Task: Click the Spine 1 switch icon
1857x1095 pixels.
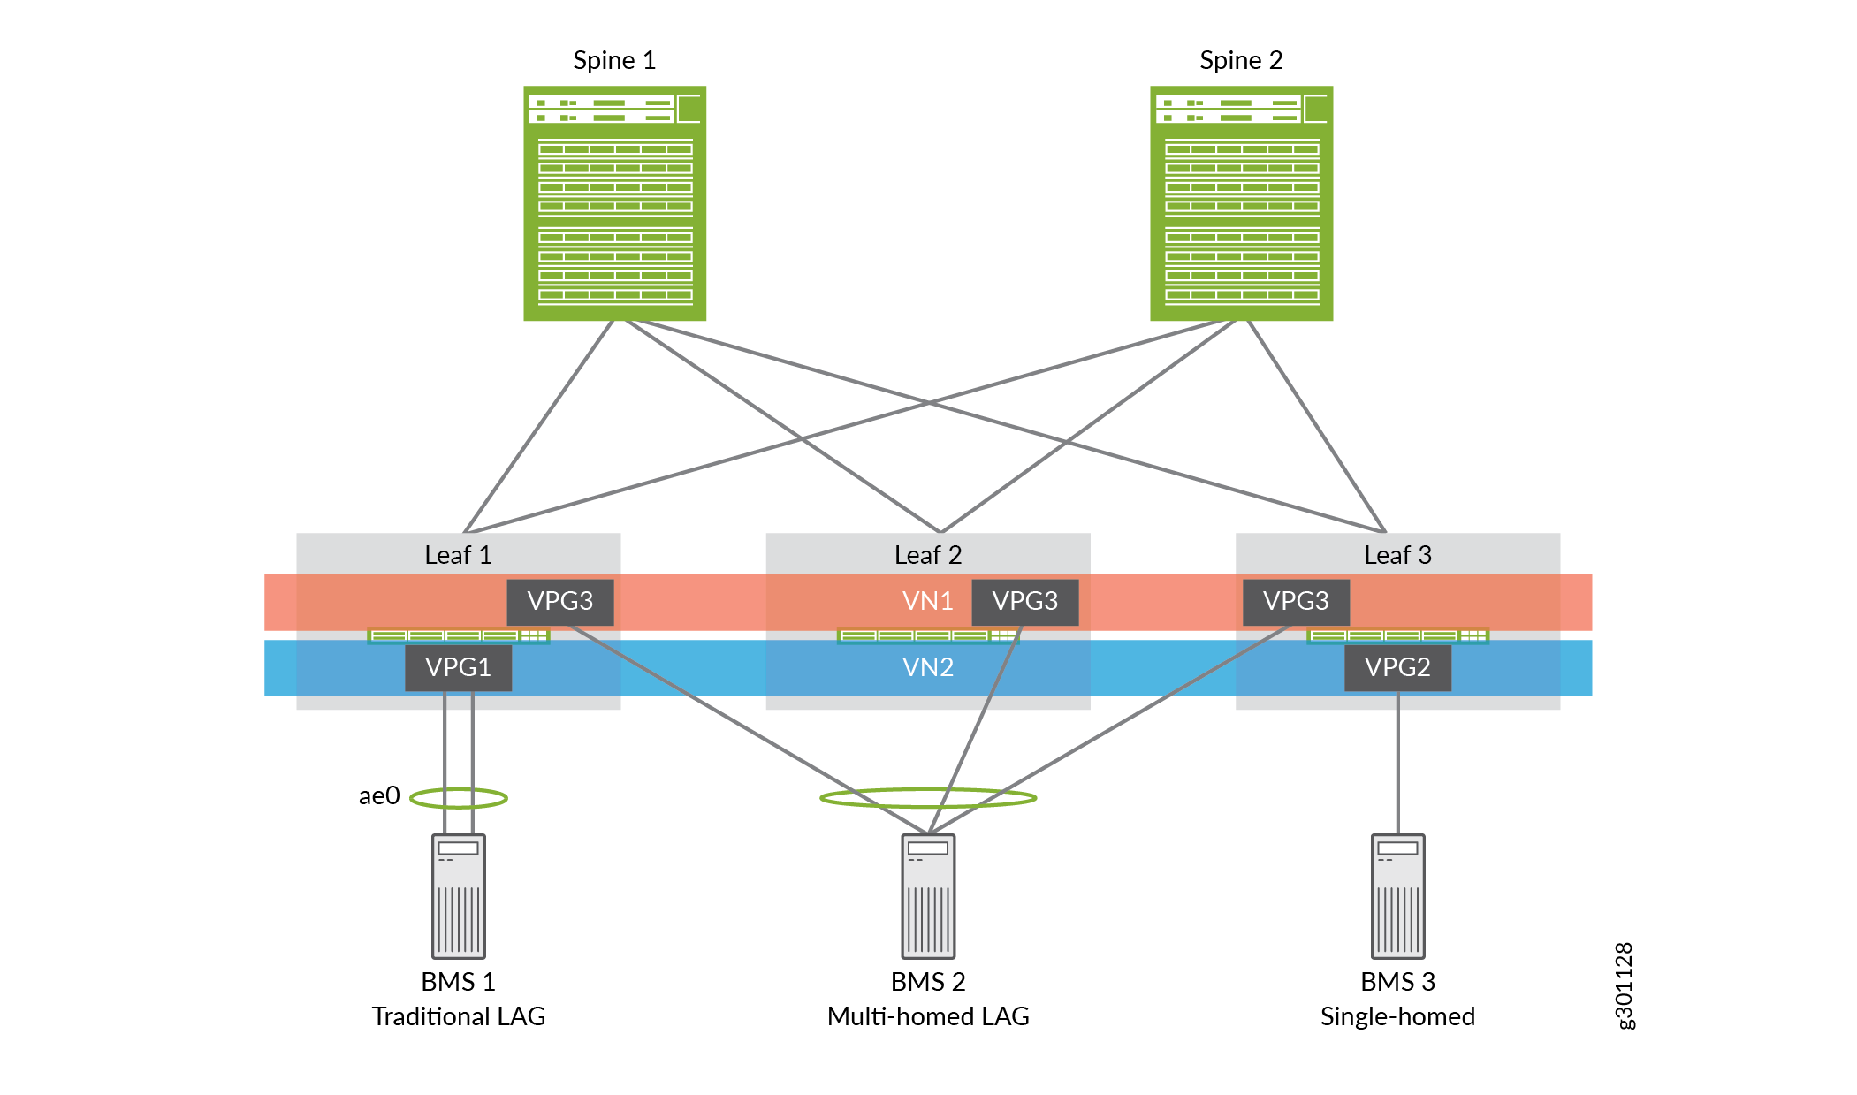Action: [614, 203]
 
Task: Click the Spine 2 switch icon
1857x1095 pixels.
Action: [1241, 203]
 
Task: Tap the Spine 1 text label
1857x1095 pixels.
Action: [614, 60]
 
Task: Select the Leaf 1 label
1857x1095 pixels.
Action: [458, 555]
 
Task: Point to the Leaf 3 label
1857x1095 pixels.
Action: [1397, 555]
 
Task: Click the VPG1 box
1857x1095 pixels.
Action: [458, 667]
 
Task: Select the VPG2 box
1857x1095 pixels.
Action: [1397, 667]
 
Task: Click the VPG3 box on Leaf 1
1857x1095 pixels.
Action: [560, 602]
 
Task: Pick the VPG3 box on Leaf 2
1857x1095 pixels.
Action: [1024, 602]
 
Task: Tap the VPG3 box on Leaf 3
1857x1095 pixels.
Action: [1296, 602]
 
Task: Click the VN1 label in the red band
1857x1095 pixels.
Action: [927, 602]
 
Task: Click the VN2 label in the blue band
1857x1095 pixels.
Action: [927, 667]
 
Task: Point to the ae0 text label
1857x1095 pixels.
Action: [379, 796]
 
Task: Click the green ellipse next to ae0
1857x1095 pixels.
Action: [459, 799]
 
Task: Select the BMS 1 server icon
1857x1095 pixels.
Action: [459, 896]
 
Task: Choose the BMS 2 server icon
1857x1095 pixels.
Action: [928, 896]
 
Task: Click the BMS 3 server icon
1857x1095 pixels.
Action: [1397, 896]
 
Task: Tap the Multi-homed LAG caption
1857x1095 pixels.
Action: [928, 1016]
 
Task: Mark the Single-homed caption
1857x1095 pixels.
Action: [1397, 1016]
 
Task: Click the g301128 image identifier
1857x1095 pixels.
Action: [1625, 985]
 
